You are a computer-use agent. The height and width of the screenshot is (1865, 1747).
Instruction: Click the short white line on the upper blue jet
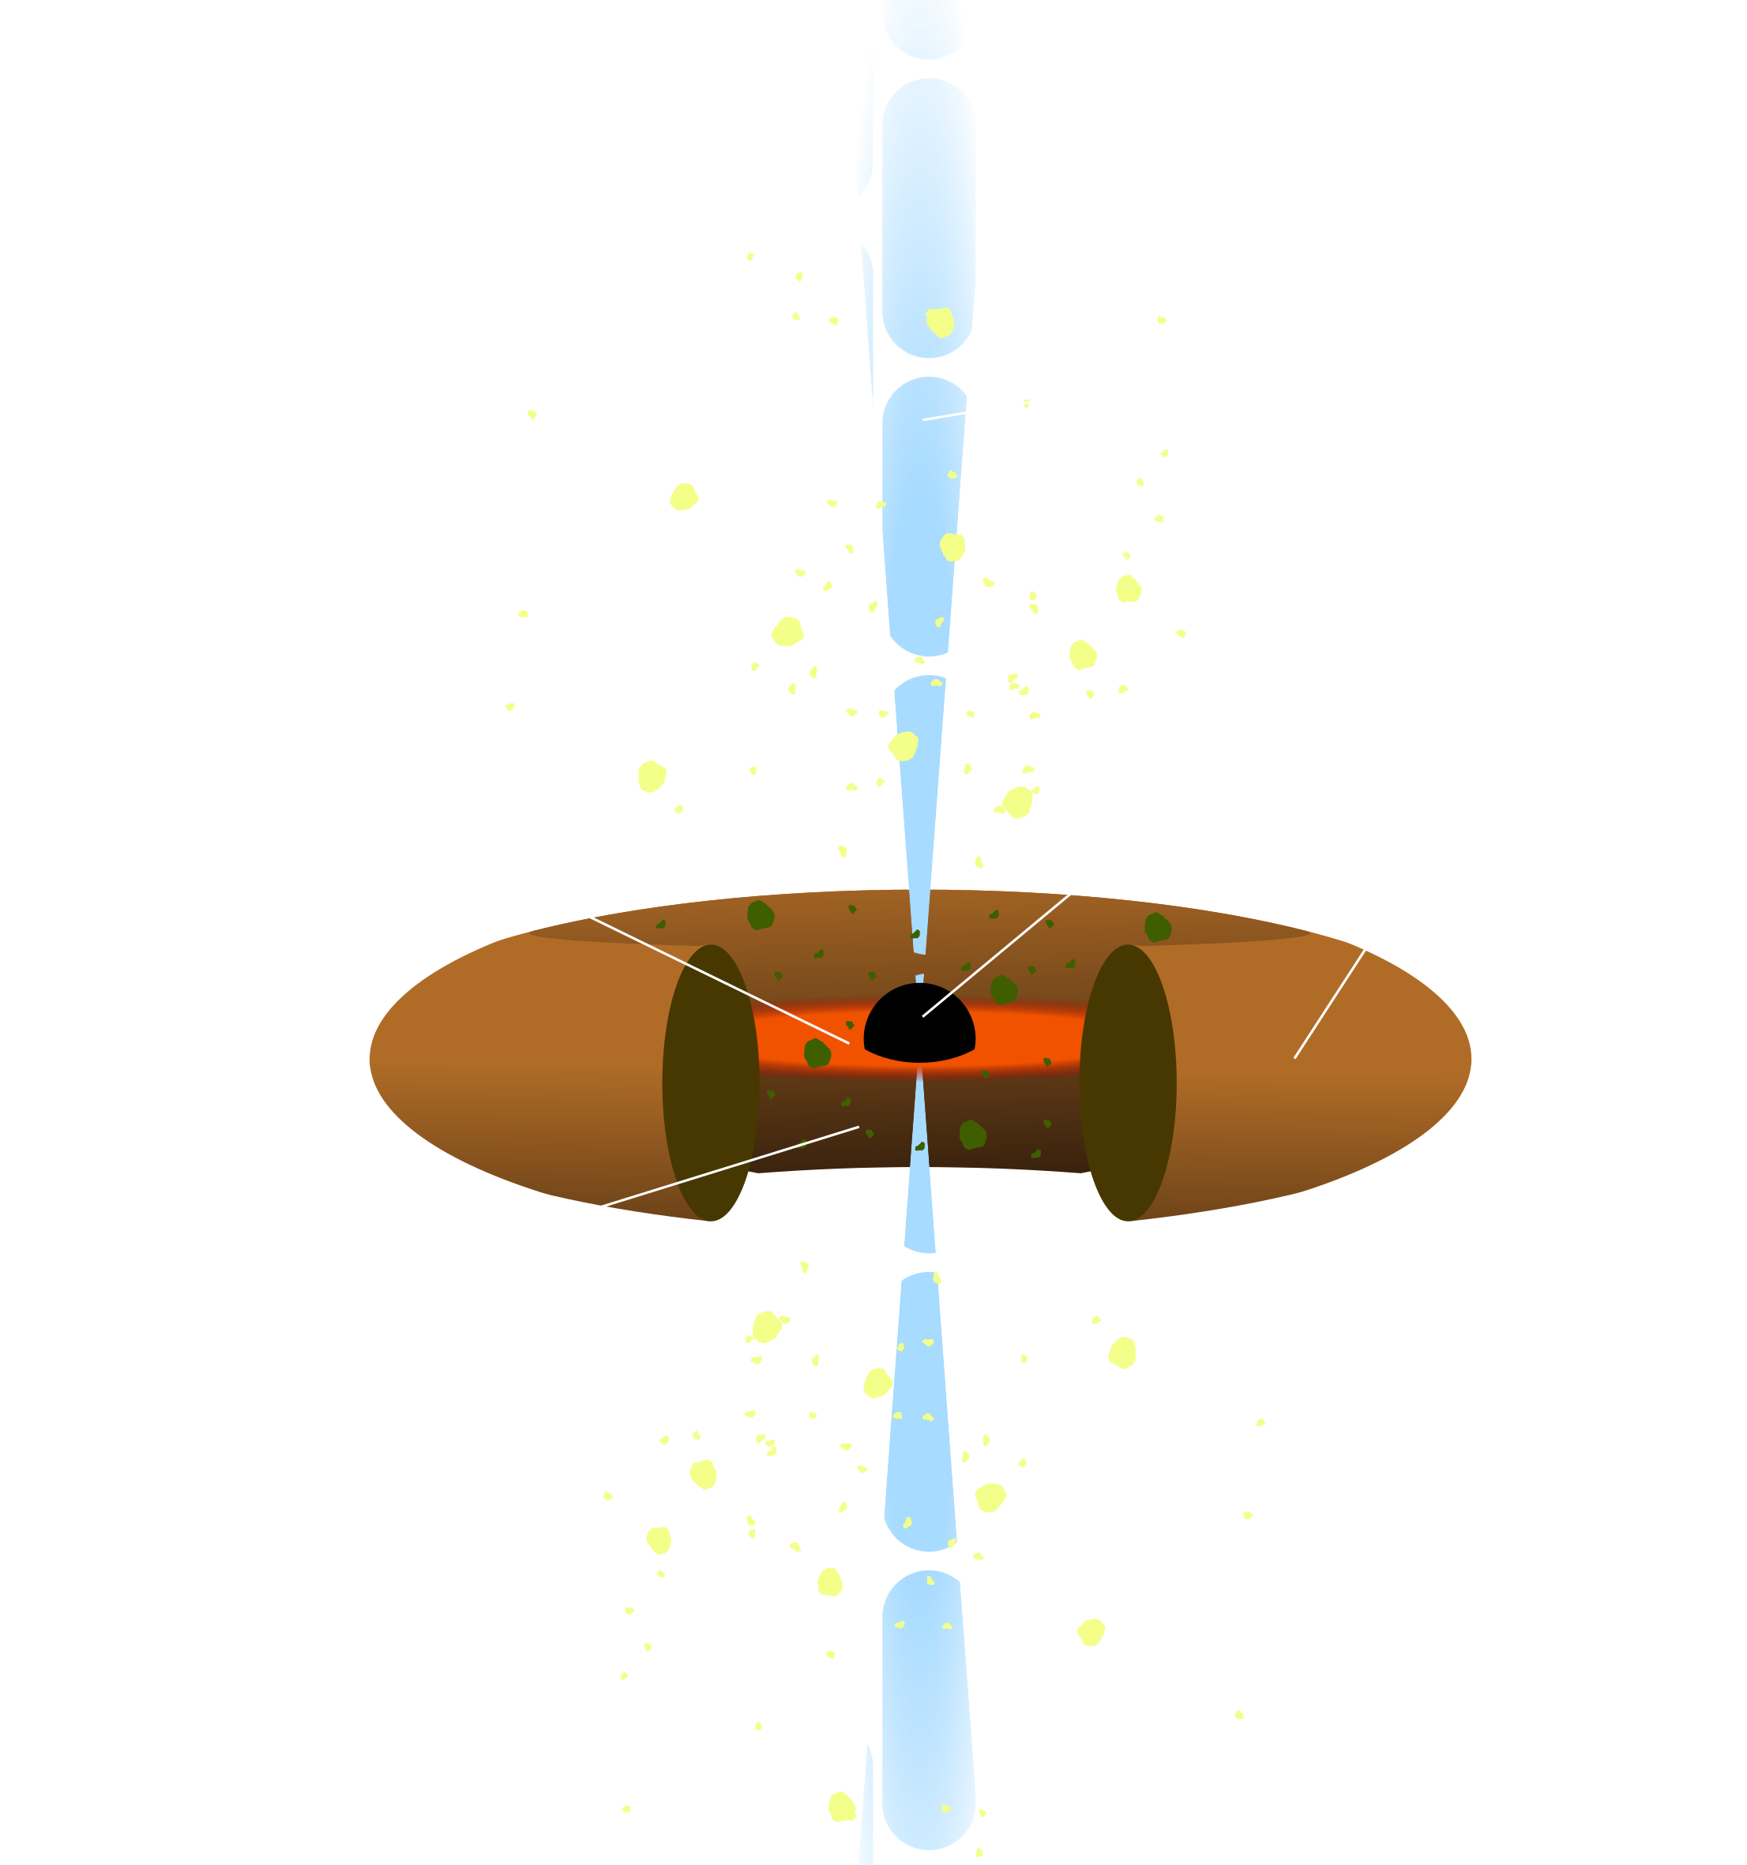click(944, 415)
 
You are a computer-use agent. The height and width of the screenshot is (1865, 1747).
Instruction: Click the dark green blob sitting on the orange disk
click(817, 1053)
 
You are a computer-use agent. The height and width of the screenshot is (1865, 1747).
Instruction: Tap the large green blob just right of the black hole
click(1003, 989)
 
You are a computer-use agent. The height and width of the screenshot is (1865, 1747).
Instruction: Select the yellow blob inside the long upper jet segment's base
click(939, 322)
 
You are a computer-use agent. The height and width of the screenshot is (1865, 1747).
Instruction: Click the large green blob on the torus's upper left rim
click(760, 914)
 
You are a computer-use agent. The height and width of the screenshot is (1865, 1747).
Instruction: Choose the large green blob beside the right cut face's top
click(1157, 927)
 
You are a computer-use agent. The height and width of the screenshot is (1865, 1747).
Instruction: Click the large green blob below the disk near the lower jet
click(972, 1134)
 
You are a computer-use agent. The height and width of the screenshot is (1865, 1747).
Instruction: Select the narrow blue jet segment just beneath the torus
click(920, 1210)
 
